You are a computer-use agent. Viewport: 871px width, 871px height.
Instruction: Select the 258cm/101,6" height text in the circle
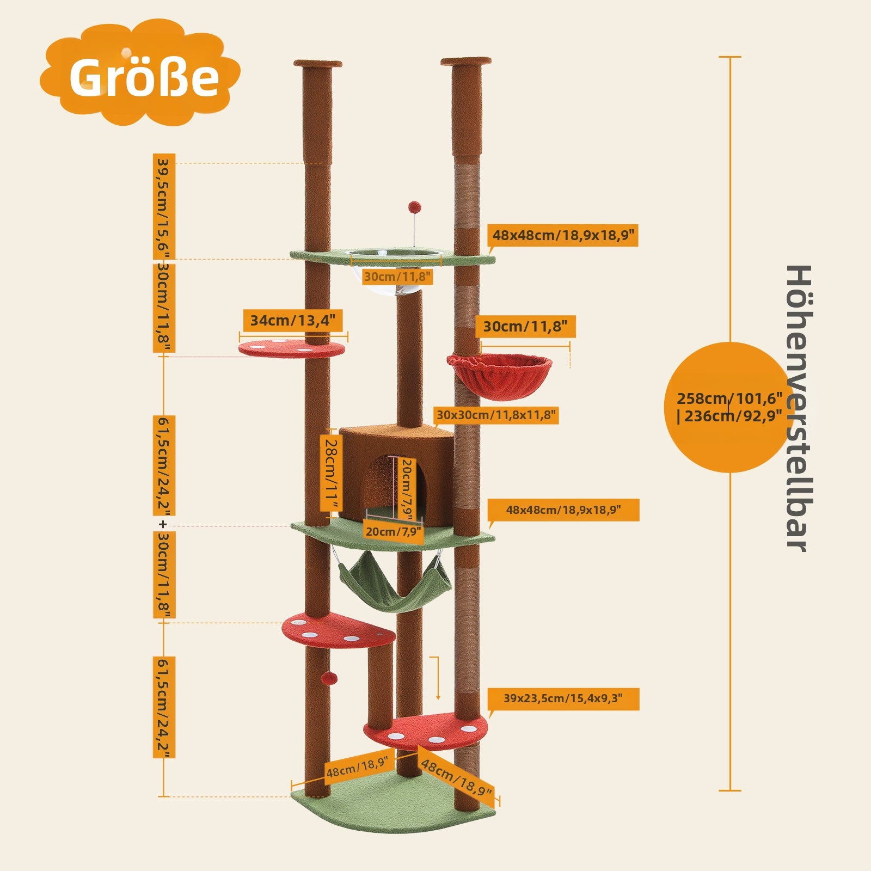pyautogui.click(x=729, y=398)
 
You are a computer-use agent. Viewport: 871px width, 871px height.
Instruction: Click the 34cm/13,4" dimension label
pyautogui.click(x=293, y=321)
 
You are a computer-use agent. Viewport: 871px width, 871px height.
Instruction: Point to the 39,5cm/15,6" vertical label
pyautogui.click(x=164, y=207)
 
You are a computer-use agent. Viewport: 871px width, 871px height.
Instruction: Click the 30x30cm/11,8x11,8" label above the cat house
pyautogui.click(x=496, y=415)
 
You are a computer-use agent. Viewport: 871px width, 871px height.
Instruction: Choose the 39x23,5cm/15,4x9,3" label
pyautogui.click(x=563, y=698)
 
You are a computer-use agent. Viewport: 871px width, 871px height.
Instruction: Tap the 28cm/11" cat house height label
pyautogui.click(x=330, y=473)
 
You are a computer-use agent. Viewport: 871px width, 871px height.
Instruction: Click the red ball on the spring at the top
pyautogui.click(x=414, y=207)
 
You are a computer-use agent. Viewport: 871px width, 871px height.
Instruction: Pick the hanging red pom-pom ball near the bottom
pyautogui.click(x=329, y=678)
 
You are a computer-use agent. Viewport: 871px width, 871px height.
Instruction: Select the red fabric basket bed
pyautogui.click(x=499, y=374)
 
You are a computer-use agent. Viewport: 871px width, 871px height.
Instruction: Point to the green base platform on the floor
pyautogui.click(x=393, y=801)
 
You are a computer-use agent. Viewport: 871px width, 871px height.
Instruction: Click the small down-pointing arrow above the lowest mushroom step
pyautogui.click(x=437, y=678)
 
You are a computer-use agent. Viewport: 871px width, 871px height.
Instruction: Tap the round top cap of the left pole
pyautogui.click(x=318, y=64)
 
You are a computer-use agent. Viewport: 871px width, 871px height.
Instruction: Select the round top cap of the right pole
pyautogui.click(x=466, y=62)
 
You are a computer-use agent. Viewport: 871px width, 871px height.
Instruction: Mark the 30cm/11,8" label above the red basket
pyautogui.click(x=525, y=327)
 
